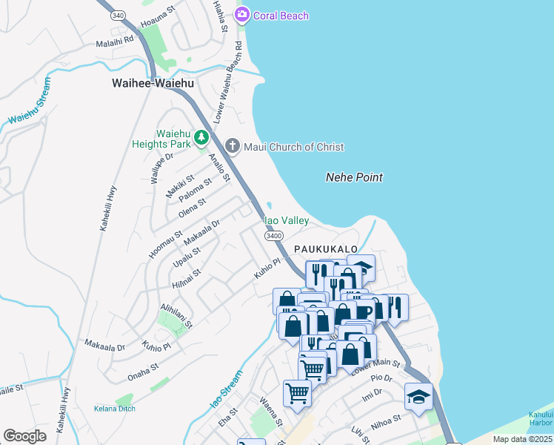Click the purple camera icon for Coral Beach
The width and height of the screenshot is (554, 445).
242,15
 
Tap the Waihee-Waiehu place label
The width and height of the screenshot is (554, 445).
153,84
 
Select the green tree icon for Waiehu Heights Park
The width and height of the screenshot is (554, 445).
201,137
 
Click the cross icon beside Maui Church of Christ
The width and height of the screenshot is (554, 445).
233,146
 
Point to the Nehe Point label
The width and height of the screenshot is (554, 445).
354,177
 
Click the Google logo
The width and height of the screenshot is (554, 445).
24,435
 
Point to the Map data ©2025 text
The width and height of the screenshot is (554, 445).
522,439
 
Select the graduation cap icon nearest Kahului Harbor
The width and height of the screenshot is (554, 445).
418,396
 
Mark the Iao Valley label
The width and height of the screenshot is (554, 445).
286,220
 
